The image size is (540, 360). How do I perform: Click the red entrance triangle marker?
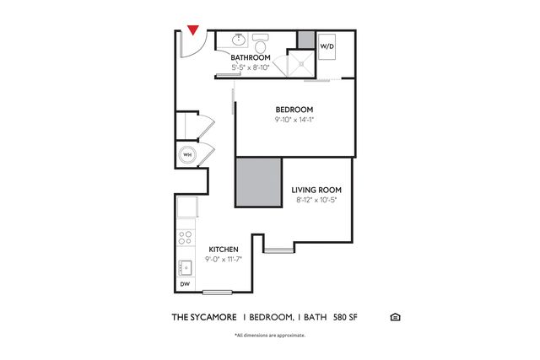193,30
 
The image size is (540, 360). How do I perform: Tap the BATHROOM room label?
251,57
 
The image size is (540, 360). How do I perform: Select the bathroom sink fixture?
238,40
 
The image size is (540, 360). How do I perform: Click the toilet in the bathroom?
261,43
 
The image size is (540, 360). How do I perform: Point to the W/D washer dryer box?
327,46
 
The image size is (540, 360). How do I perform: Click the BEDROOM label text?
294,110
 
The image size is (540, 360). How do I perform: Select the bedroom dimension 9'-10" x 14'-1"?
294,120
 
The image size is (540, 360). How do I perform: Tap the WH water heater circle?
187,155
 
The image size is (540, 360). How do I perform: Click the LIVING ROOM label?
316,190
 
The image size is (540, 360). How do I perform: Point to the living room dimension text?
316,200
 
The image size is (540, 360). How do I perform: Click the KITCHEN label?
224,250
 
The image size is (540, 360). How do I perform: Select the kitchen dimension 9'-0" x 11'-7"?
224,259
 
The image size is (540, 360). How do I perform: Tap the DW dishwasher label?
185,284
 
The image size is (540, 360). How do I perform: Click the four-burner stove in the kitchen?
186,238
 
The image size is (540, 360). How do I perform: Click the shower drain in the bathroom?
301,63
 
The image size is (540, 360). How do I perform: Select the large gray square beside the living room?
259,182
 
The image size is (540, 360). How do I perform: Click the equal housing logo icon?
395,317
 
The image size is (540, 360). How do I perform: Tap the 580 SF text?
345,317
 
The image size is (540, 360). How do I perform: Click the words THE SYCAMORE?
204,317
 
